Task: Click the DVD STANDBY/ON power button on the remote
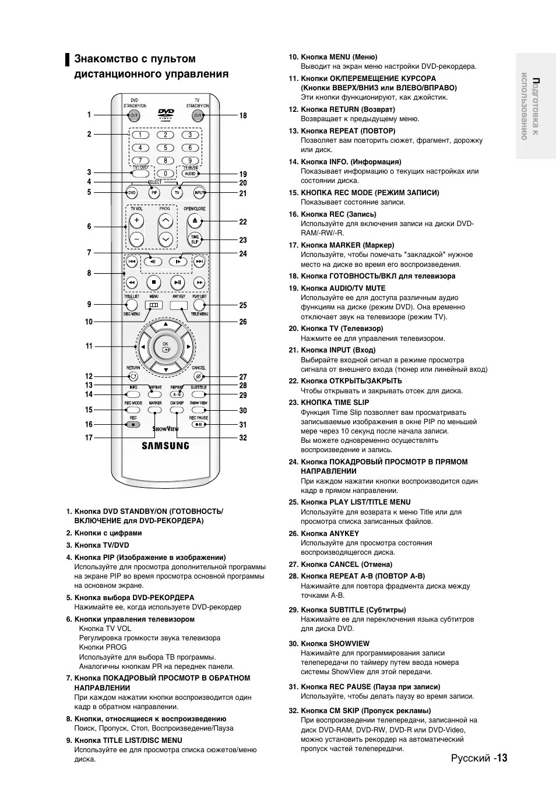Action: (x=135, y=115)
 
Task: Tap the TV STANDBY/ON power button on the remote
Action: (x=197, y=115)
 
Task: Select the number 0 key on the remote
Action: (x=166, y=173)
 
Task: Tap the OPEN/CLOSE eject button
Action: (x=195, y=221)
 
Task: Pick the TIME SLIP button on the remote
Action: (x=195, y=239)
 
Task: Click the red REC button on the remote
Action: (x=133, y=424)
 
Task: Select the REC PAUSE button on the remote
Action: (x=198, y=424)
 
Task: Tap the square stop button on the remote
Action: (x=154, y=283)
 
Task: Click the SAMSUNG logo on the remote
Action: (x=166, y=446)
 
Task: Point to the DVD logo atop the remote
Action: (x=166, y=114)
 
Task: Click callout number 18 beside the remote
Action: (x=243, y=115)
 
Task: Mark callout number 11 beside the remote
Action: (x=89, y=346)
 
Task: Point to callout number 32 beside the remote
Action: (x=243, y=438)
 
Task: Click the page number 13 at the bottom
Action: (x=502, y=758)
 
